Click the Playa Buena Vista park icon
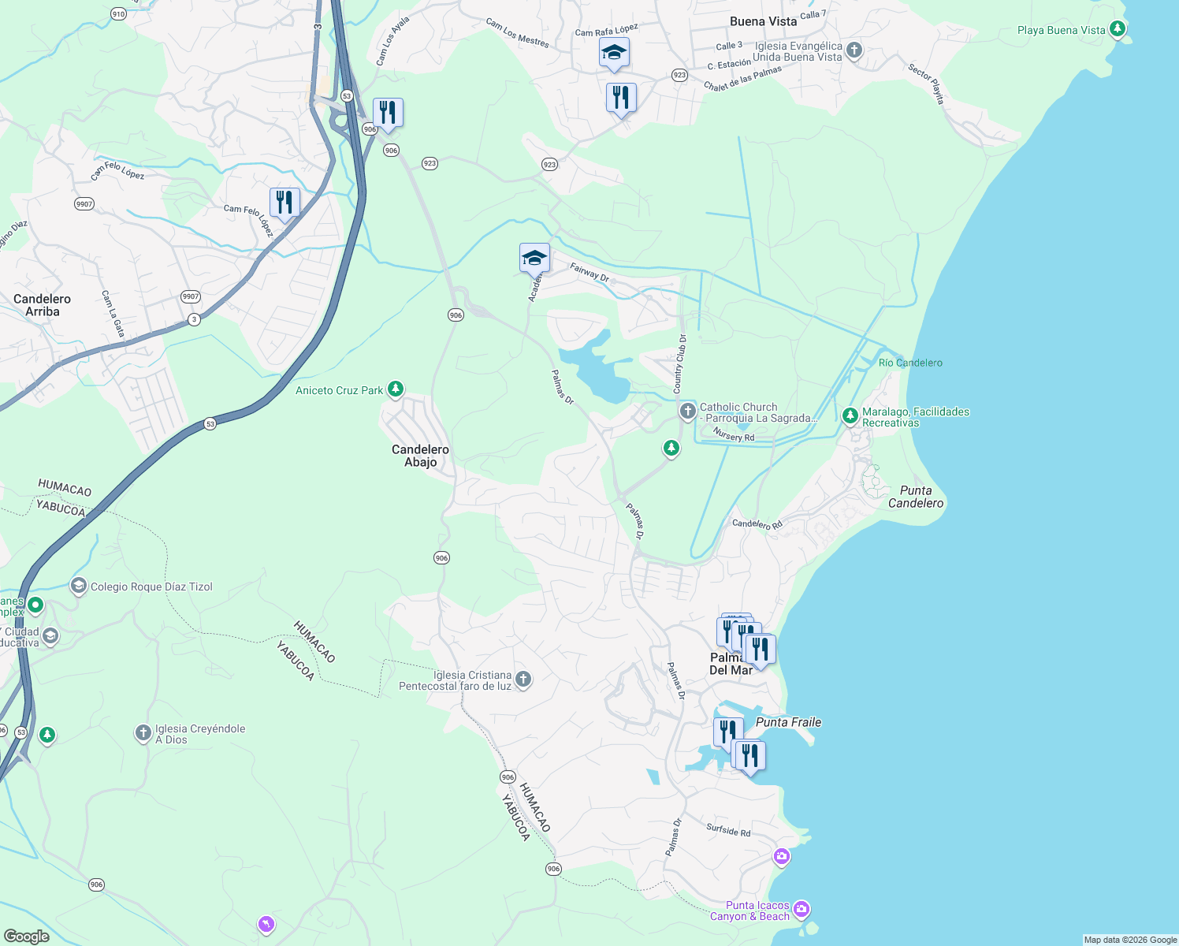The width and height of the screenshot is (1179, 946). pos(1117,30)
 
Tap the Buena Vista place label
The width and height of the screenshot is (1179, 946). pos(763,21)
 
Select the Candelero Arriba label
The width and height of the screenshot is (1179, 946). pos(42,305)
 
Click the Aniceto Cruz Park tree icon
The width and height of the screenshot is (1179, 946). pos(396,389)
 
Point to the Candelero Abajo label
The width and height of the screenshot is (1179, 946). pos(420,456)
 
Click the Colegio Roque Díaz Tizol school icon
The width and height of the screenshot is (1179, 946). pos(78,586)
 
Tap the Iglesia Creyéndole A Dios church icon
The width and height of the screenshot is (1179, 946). pos(143,734)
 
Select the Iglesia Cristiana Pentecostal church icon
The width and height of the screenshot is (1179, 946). pos(523,680)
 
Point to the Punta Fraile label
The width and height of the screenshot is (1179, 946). pos(788,722)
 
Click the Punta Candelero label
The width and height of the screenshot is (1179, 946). pos(915,497)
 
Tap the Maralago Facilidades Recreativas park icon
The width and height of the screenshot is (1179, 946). pos(850,415)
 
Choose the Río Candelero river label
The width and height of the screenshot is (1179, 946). pos(910,363)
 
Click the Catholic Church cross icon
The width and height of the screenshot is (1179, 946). pos(688,411)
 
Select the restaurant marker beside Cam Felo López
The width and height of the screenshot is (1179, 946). pos(285,203)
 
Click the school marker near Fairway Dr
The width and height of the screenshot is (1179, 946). pos(534,258)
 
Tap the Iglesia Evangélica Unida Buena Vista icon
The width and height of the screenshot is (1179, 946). pos(854,51)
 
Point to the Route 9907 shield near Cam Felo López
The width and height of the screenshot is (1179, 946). pos(84,204)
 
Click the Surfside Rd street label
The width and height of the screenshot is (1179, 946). pos(728,830)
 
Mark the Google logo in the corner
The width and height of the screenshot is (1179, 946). pos(26,937)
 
